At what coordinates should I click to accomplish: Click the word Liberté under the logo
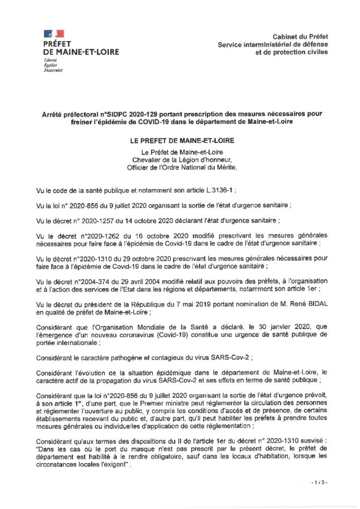pos(50,61)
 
